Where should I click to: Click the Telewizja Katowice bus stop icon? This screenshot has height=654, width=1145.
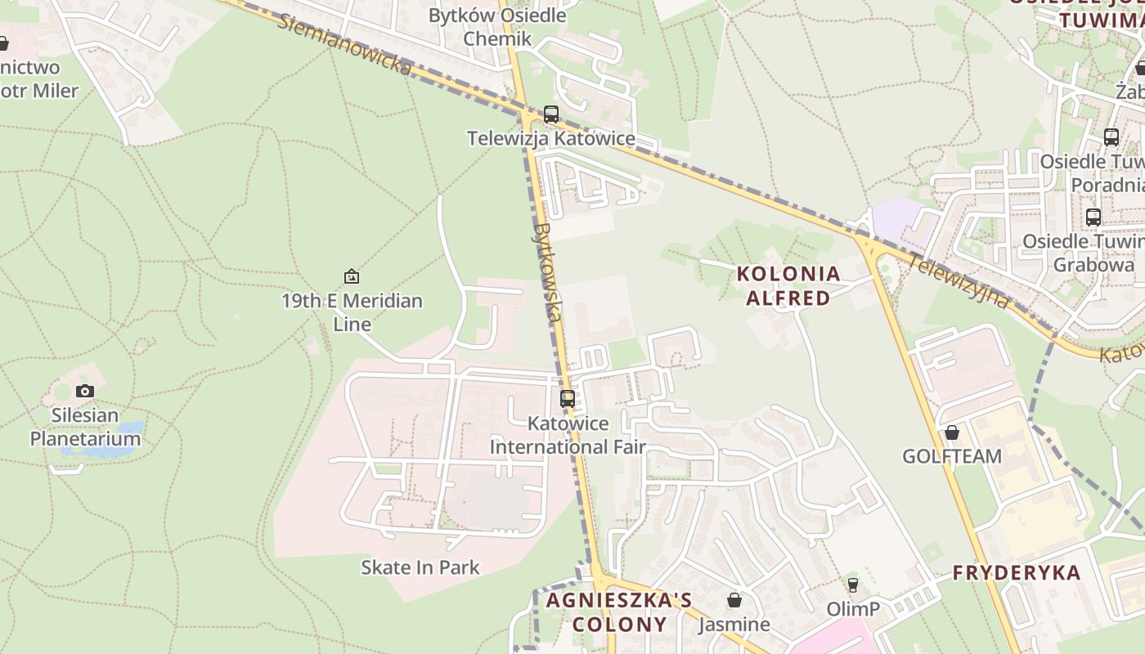[551, 114]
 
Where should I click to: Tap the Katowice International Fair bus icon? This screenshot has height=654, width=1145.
[568, 399]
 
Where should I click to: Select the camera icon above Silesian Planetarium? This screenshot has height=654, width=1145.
[85, 391]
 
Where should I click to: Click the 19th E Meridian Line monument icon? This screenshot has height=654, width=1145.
[352, 276]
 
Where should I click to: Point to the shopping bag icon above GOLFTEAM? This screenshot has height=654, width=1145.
[952, 432]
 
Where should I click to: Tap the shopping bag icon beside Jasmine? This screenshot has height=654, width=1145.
[734, 600]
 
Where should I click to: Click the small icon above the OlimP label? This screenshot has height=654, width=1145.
[853, 585]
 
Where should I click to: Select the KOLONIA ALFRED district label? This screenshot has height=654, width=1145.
[788, 285]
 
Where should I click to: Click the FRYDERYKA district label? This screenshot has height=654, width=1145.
[1017, 572]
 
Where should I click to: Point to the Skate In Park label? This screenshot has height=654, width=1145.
[420, 567]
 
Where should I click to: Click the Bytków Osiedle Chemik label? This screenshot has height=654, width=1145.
[497, 27]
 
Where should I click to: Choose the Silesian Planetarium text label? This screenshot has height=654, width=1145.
[85, 427]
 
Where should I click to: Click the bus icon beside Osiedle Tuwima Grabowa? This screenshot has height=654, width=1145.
[1093, 217]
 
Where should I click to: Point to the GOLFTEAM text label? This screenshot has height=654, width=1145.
[952, 456]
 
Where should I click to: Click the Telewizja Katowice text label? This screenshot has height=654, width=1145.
[551, 138]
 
